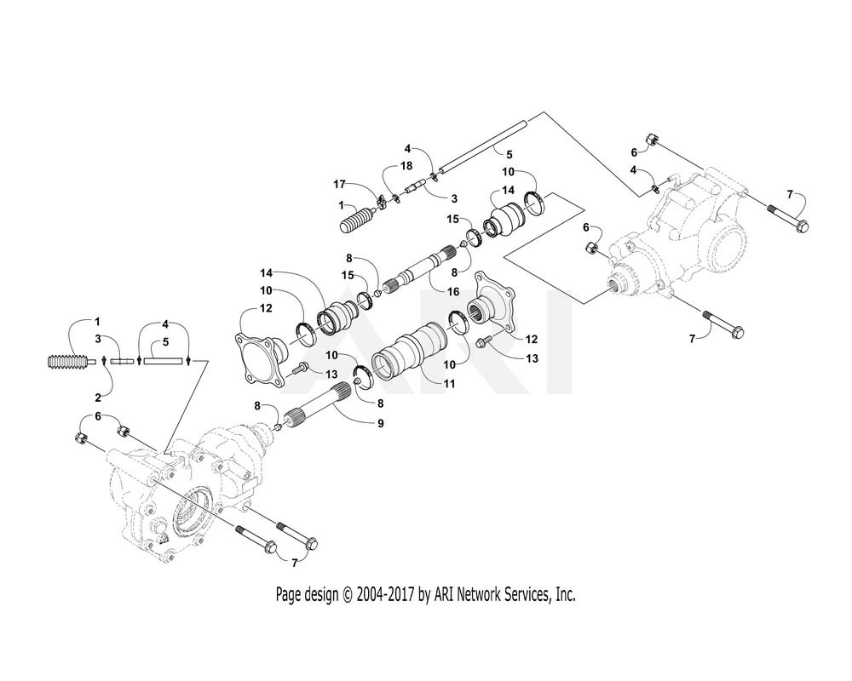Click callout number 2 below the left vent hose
coord(98,398)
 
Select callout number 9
coord(380,422)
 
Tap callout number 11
coord(449,384)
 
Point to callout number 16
coord(453,292)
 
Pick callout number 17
coord(339,185)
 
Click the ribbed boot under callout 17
coord(360,219)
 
